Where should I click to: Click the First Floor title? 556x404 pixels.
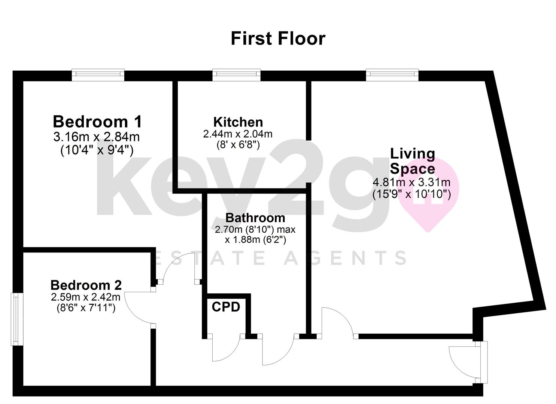point(278,39)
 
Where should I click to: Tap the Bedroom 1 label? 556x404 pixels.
point(97,122)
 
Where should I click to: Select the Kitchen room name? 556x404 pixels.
point(238,122)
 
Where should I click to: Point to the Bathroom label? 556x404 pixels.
point(255,218)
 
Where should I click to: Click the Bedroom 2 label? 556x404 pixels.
point(86,285)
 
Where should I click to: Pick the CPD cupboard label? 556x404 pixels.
point(226,307)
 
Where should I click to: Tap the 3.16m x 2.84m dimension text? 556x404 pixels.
point(97,137)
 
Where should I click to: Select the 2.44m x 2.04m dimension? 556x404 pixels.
point(238,134)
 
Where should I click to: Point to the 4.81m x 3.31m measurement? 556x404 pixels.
point(411,183)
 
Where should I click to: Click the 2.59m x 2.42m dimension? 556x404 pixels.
point(86,297)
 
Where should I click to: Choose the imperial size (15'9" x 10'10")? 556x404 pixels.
point(411,194)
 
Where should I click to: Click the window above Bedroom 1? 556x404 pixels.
point(98,75)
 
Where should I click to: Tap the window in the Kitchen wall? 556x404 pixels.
point(237,75)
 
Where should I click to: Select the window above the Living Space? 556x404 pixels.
point(392,75)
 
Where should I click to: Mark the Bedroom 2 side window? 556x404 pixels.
point(17,319)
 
